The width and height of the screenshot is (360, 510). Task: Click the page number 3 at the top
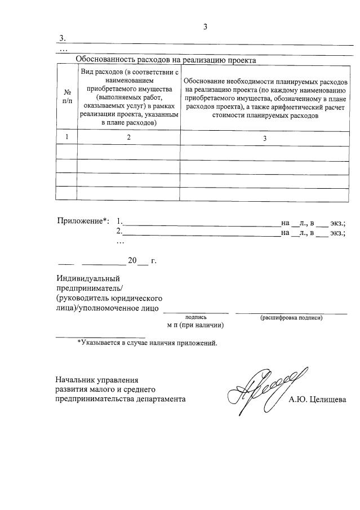click(206, 26)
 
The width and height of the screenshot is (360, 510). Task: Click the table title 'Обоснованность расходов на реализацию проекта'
click(166, 59)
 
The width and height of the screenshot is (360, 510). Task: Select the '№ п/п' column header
click(67, 95)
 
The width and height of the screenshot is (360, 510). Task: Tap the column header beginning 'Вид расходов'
click(129, 96)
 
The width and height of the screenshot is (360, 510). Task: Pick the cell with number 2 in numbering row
click(129, 138)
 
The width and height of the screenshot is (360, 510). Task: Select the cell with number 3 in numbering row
click(264, 138)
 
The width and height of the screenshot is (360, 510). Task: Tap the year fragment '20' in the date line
click(132, 260)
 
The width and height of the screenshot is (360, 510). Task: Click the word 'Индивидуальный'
click(88, 278)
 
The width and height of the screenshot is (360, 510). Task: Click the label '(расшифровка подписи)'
click(291, 318)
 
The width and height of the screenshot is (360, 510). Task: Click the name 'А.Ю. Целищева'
click(317, 400)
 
